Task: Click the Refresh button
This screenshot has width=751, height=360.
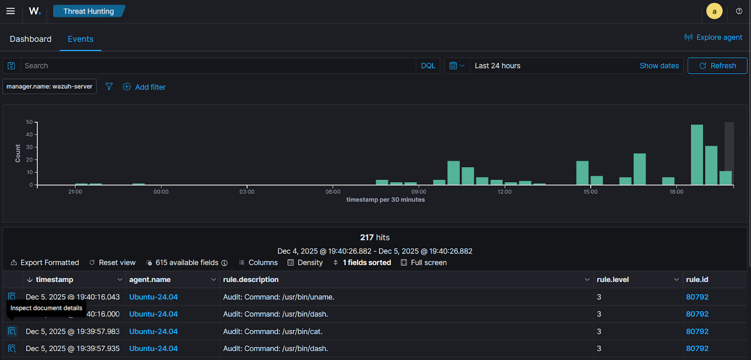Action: point(717,66)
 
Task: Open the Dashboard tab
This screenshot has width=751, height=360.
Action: point(31,39)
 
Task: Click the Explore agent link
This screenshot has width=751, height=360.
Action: point(713,37)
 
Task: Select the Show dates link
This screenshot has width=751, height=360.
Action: point(659,66)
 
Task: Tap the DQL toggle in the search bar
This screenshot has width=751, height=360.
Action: point(428,66)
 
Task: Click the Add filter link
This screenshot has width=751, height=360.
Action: point(145,87)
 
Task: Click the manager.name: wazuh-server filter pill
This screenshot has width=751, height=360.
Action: point(49,86)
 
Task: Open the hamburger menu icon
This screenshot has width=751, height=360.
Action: point(10,11)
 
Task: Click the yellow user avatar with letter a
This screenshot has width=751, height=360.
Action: point(714,11)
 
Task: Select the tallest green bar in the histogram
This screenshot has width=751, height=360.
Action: point(697,154)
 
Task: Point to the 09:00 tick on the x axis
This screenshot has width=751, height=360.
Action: point(419,191)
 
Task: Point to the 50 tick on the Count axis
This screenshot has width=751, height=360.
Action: point(30,122)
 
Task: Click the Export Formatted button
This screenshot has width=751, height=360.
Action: point(45,262)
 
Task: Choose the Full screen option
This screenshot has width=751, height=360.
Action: point(424,262)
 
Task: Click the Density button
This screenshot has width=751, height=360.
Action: point(305,262)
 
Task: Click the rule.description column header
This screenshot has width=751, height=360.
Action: point(251,279)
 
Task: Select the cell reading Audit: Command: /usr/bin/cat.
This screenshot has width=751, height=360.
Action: point(273,331)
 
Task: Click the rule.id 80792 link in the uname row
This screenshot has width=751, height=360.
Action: point(697,297)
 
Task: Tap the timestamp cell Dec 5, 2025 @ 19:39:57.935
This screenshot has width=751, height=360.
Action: point(73,348)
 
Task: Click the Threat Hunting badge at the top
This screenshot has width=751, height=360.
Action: point(88,11)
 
